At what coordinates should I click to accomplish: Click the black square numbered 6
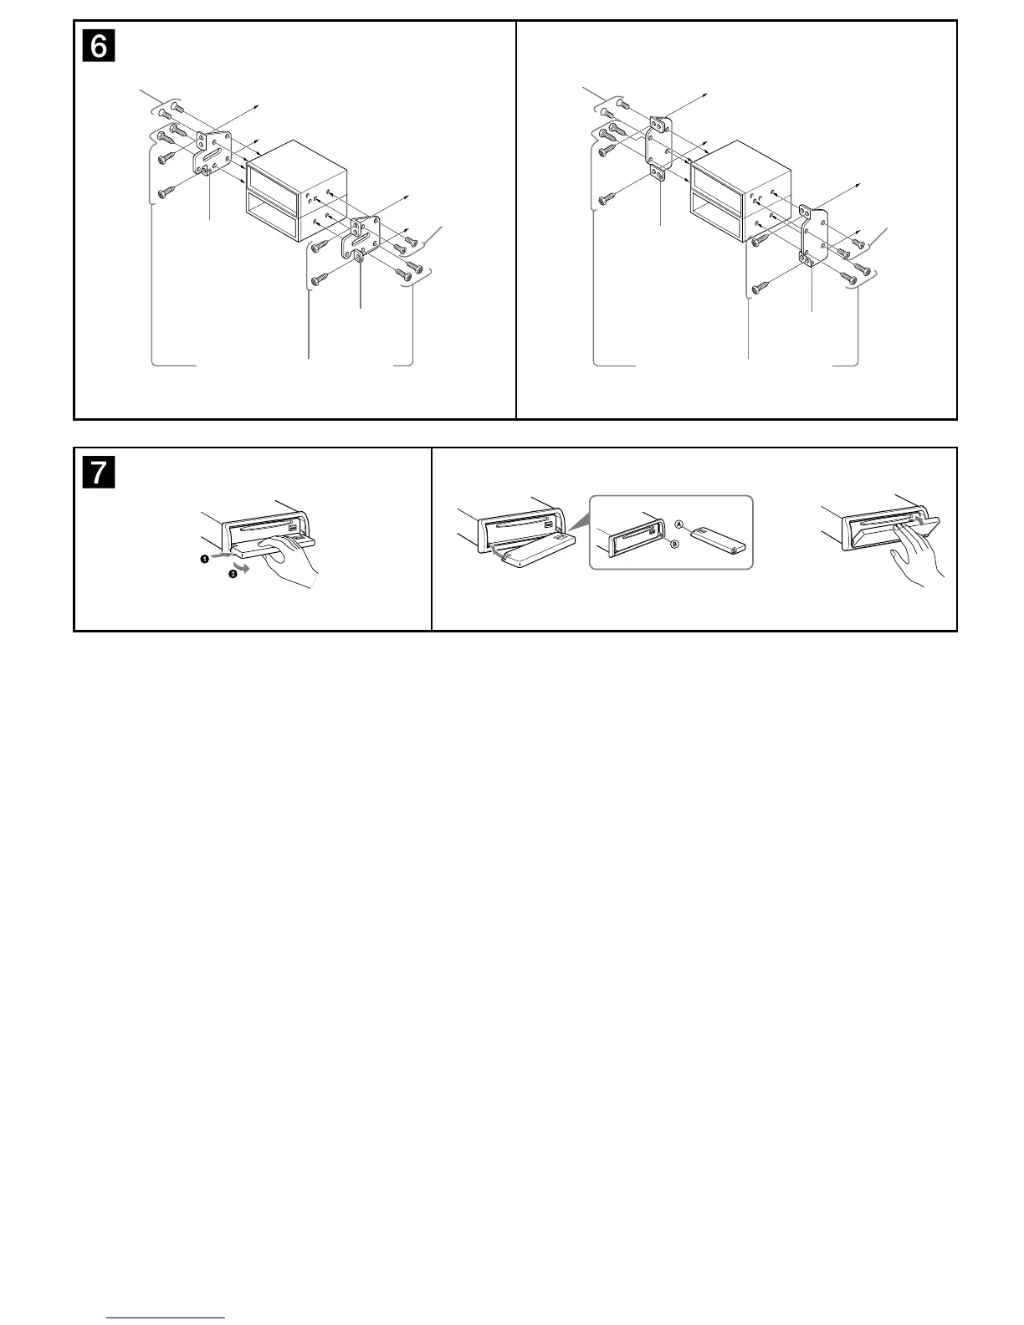(x=99, y=46)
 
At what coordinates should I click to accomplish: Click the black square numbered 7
(x=99, y=473)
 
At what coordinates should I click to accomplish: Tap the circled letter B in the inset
(x=675, y=544)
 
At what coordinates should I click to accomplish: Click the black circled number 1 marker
(x=204, y=559)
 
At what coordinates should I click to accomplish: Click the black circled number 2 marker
(x=233, y=574)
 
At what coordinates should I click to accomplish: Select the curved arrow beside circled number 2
(x=243, y=569)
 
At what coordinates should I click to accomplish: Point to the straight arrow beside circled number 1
(x=222, y=555)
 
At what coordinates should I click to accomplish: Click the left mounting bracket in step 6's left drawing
(x=213, y=153)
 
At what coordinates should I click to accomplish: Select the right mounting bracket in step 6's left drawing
(x=362, y=238)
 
